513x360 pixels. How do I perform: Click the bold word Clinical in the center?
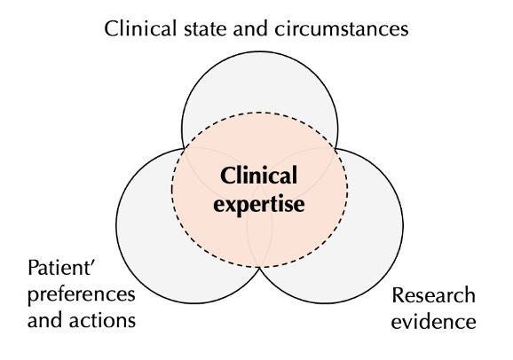257,176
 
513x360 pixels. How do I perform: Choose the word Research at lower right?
433,295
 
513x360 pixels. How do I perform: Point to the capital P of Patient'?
33,269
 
